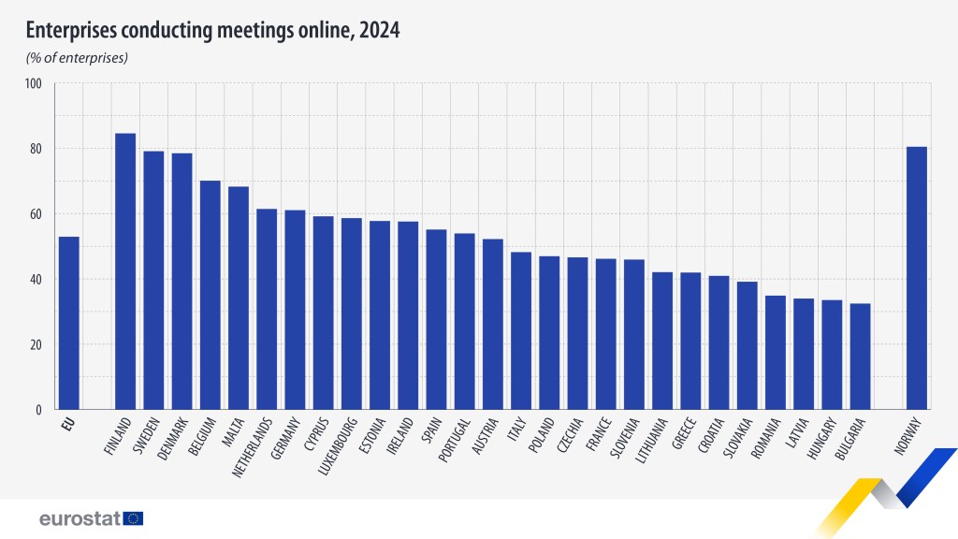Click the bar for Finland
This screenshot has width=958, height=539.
coord(125,271)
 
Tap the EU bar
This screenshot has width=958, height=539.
coord(69,323)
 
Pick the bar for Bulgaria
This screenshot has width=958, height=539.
coord(860,357)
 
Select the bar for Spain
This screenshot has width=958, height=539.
coord(436,319)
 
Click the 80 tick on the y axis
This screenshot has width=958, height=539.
coord(34,149)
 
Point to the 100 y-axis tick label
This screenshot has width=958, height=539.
coord(34,83)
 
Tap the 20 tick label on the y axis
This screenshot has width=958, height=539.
coord(34,344)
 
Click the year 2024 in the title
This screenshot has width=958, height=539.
coord(377,31)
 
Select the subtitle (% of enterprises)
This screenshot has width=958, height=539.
coord(76,58)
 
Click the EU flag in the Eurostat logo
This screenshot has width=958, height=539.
coord(133,518)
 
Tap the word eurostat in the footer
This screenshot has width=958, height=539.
coord(80,518)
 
